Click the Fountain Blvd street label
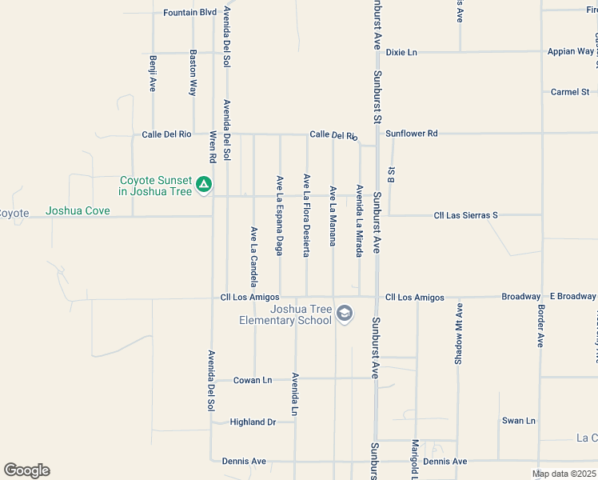click(189, 13)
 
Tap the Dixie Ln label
click(401, 52)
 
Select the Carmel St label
click(569, 92)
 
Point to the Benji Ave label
click(152, 73)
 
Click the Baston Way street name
click(193, 73)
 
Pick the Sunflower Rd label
click(411, 134)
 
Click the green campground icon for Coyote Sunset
click(204, 185)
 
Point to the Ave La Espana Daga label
click(280, 215)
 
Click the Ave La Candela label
click(253, 256)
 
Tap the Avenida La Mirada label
click(360, 222)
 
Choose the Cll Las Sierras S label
click(465, 215)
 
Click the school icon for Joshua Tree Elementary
click(344, 314)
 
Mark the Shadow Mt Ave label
click(459, 334)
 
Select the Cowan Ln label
click(253, 380)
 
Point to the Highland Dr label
click(252, 422)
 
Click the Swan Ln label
click(518, 421)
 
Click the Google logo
click(26, 470)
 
